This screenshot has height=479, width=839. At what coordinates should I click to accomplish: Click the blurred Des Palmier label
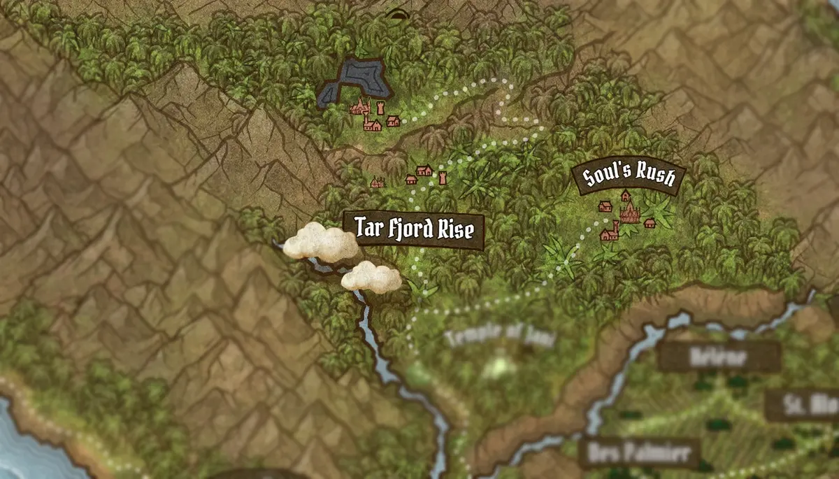pyautogui.click(x=640, y=452)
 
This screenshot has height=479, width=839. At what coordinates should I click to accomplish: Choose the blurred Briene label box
pyautogui.click(x=719, y=357)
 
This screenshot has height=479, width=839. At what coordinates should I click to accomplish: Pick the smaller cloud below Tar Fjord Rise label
pyautogui.click(x=371, y=277)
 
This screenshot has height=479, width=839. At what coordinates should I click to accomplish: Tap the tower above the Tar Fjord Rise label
pyautogui.click(x=443, y=177)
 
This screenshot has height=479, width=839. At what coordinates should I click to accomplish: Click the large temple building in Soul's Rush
pyautogui.click(x=630, y=211)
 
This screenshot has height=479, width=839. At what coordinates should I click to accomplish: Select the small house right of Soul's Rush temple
pyautogui.click(x=650, y=223)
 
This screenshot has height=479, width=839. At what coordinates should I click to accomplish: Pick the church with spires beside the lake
pyautogui.click(x=359, y=107)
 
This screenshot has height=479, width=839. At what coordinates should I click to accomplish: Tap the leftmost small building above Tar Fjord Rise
pyautogui.click(x=378, y=183)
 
